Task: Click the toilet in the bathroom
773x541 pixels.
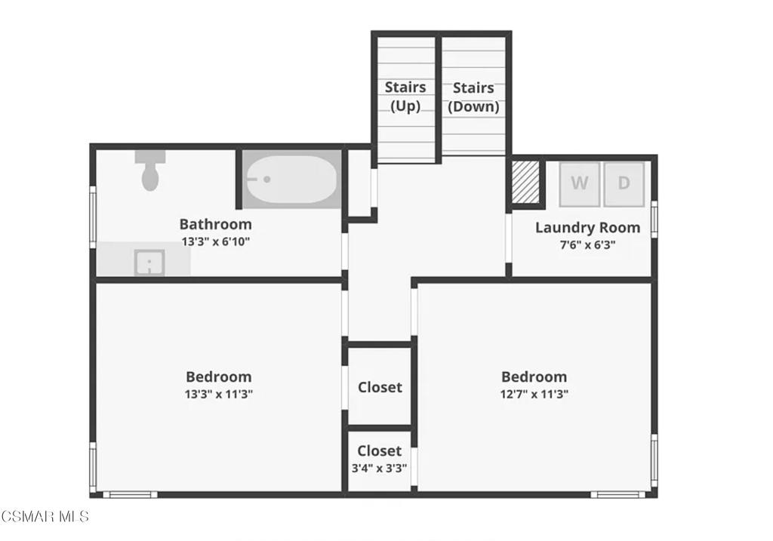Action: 150,171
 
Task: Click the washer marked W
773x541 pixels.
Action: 579,183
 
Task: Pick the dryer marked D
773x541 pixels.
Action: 624,183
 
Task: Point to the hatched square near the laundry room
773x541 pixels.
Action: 525,182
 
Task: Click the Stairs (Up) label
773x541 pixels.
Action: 405,97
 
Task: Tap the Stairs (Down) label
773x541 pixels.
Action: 473,97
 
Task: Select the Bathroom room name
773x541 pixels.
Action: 215,224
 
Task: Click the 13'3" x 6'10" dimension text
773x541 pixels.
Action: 215,241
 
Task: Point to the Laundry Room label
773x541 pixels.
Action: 587,227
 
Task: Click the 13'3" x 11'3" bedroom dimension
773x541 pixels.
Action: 218,393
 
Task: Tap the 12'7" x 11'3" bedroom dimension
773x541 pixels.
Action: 534,393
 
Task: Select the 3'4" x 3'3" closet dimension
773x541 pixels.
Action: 379,467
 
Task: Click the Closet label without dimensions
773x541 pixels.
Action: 380,387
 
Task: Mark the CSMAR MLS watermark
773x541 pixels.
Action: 45,517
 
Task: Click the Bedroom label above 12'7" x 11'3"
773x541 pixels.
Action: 534,377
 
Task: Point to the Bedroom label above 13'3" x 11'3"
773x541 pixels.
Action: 218,377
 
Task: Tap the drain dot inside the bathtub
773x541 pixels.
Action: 266,180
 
